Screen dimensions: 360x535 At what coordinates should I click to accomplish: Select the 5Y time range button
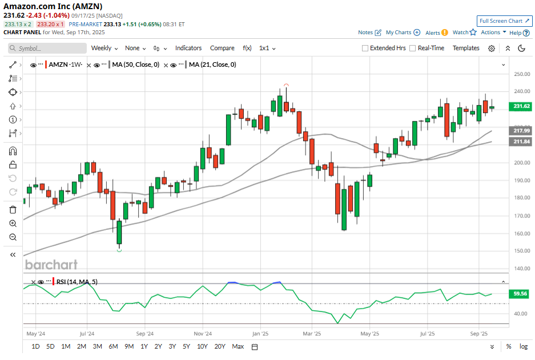coord(186,346)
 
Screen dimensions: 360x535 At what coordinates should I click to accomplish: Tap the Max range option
coord(238,346)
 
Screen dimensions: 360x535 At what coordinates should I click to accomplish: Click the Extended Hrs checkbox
coord(365,48)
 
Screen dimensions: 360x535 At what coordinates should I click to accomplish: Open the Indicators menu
coord(188,48)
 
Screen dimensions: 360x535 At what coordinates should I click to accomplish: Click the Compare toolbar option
coord(222,48)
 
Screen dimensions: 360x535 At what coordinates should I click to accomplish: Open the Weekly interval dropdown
coord(104,48)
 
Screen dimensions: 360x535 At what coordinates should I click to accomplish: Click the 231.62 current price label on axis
coord(522,106)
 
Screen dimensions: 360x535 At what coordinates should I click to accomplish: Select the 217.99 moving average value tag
coord(522,131)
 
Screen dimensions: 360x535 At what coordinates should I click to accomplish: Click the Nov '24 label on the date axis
coord(203,333)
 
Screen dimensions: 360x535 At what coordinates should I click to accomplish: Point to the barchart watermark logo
coord(51,265)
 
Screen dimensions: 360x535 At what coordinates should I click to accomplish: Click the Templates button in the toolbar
coord(466,48)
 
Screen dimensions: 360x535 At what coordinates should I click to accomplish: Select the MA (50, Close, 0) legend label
coord(135,65)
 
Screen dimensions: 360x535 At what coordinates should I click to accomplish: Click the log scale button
coord(523,346)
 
